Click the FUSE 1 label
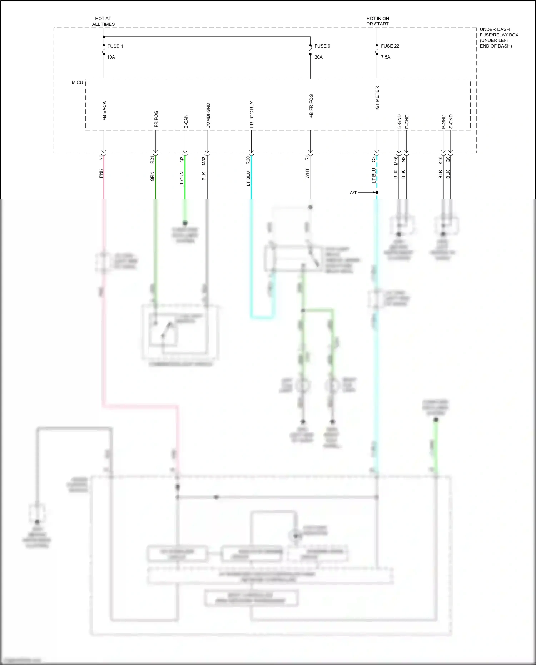(x=115, y=46)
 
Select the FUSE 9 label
(x=322, y=46)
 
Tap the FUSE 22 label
(x=390, y=46)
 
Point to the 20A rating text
(x=318, y=57)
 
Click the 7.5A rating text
(x=386, y=57)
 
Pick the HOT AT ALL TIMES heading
(x=103, y=21)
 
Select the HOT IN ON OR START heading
(x=377, y=21)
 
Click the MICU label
(x=77, y=83)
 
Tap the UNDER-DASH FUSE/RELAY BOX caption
(x=499, y=38)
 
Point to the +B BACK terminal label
(x=104, y=111)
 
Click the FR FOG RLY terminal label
(x=252, y=114)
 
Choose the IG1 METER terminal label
(x=377, y=98)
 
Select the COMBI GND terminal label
(x=208, y=115)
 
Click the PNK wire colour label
(x=101, y=173)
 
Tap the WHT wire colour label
(x=307, y=174)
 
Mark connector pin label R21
(x=152, y=159)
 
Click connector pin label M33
(x=204, y=161)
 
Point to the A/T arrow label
(x=353, y=193)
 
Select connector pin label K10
(x=440, y=160)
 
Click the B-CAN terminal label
(x=186, y=121)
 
